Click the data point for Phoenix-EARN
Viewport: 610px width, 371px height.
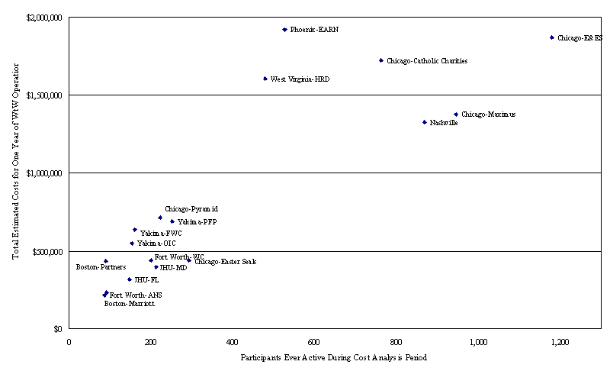pos(284,30)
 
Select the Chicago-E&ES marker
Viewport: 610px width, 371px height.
pos(551,37)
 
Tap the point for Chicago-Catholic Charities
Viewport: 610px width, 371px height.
pos(381,60)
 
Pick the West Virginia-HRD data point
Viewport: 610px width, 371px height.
pos(265,79)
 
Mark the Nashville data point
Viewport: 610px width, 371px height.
pos(425,122)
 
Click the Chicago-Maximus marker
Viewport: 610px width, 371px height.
pos(456,115)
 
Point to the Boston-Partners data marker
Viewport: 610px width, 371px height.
pos(106,261)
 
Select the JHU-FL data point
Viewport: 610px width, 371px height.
pos(130,279)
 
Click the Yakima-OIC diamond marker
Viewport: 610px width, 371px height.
pos(132,244)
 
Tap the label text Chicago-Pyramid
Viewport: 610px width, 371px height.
pos(191,208)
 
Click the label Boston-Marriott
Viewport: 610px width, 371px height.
pos(129,303)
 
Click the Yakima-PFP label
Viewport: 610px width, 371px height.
pos(197,222)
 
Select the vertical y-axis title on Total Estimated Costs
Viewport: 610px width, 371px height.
pos(15,173)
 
